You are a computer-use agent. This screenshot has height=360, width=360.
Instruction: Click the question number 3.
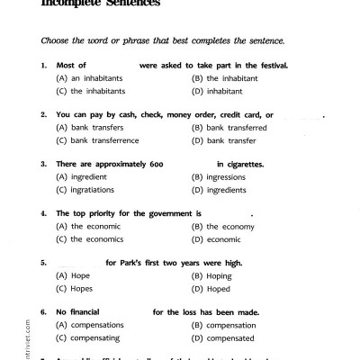click(x=44, y=164)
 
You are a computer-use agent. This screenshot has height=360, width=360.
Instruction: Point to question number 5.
click(x=44, y=262)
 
